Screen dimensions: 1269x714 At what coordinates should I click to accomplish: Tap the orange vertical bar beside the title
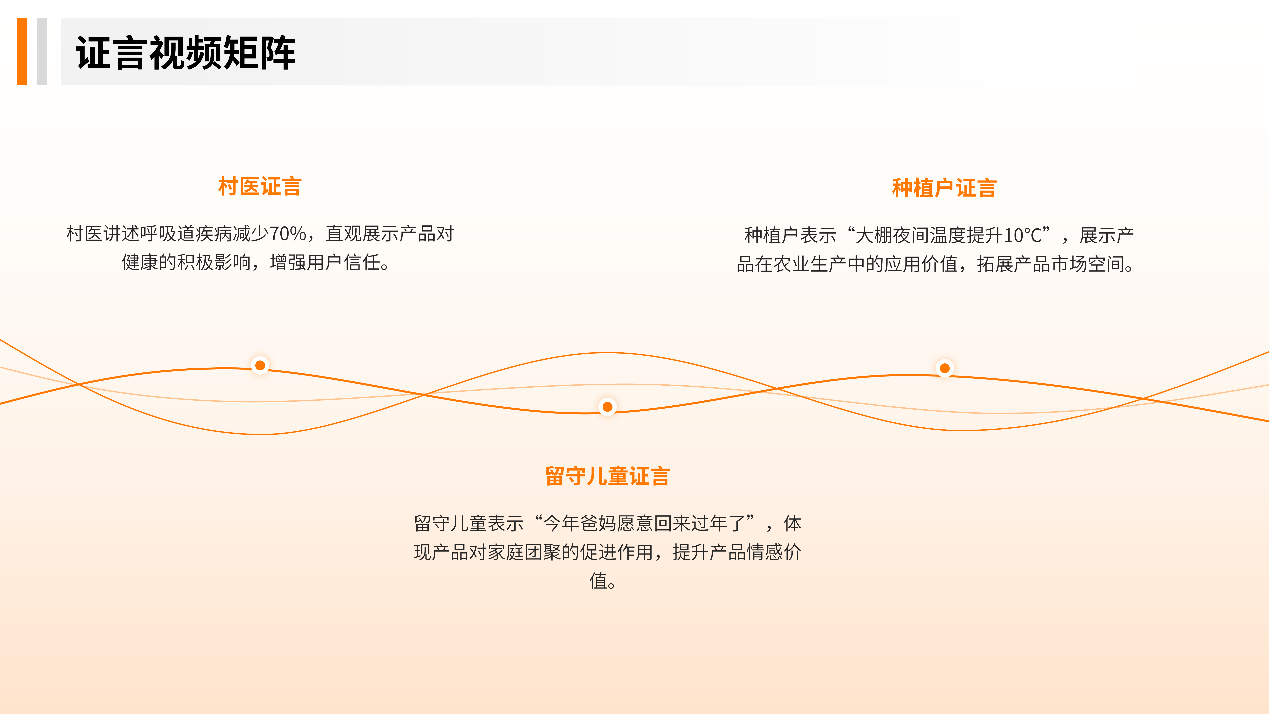(x=22, y=51)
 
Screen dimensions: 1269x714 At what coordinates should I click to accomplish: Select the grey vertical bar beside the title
(x=42, y=51)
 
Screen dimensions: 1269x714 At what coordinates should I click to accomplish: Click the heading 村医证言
(x=260, y=186)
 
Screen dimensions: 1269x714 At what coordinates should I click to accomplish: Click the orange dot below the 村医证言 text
(x=260, y=365)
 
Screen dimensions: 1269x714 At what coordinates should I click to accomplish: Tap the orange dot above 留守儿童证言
(x=607, y=407)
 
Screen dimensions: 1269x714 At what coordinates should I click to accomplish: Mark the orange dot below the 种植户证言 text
(x=944, y=368)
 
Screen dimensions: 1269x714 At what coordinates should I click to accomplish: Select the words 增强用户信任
(x=325, y=263)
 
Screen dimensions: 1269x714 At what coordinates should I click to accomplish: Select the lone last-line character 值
(x=598, y=581)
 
